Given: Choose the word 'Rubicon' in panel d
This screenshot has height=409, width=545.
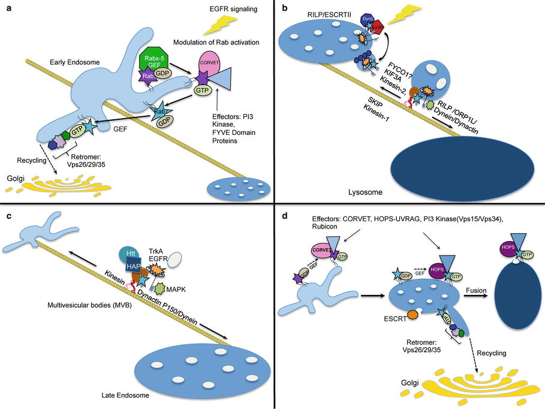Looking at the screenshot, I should point(314,227).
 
